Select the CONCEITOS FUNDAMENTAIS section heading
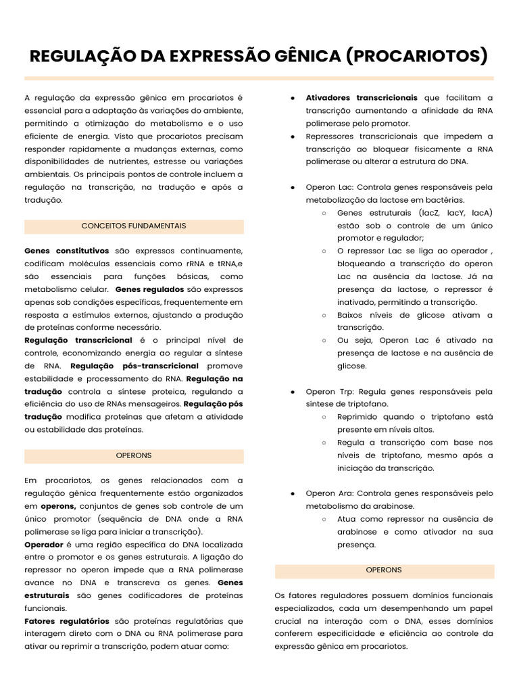coord(134,226)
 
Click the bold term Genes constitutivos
coord(66,251)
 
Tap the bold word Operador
coord(44,544)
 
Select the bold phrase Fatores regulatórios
coord(66,620)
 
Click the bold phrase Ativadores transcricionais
coord(362,98)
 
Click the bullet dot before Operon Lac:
coord(292,187)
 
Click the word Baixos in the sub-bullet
coord(351,315)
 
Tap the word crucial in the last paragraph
coord(289,620)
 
